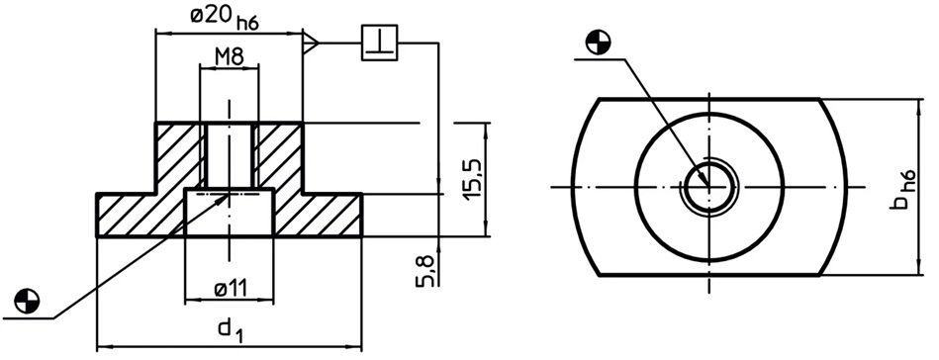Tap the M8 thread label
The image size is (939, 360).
pyautogui.click(x=230, y=57)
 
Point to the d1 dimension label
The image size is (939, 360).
pyautogui.click(x=230, y=331)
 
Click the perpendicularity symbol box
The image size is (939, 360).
pyautogui.click(x=380, y=43)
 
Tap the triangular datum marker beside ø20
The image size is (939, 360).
pyautogui.click(x=311, y=44)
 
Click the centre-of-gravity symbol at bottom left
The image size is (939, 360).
pyautogui.click(x=27, y=300)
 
